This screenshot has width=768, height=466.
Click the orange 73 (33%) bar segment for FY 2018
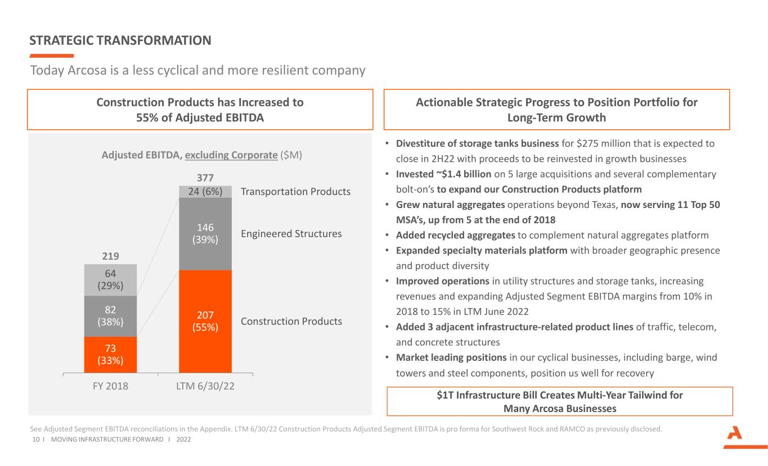[110, 354]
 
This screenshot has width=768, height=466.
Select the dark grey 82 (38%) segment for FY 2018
[110, 316]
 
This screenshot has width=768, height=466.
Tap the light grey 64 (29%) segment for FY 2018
[110, 280]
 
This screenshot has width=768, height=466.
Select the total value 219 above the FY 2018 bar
[110, 256]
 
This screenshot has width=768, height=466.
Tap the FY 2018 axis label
[110, 386]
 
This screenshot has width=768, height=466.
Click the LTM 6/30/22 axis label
[205, 386]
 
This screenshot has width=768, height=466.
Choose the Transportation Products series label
[295, 192]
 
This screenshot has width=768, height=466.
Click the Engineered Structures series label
[291, 233]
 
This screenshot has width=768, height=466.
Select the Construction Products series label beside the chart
[291, 321]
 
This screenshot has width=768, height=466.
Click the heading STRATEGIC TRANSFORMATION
[120, 40]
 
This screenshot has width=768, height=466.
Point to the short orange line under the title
[51, 56]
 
